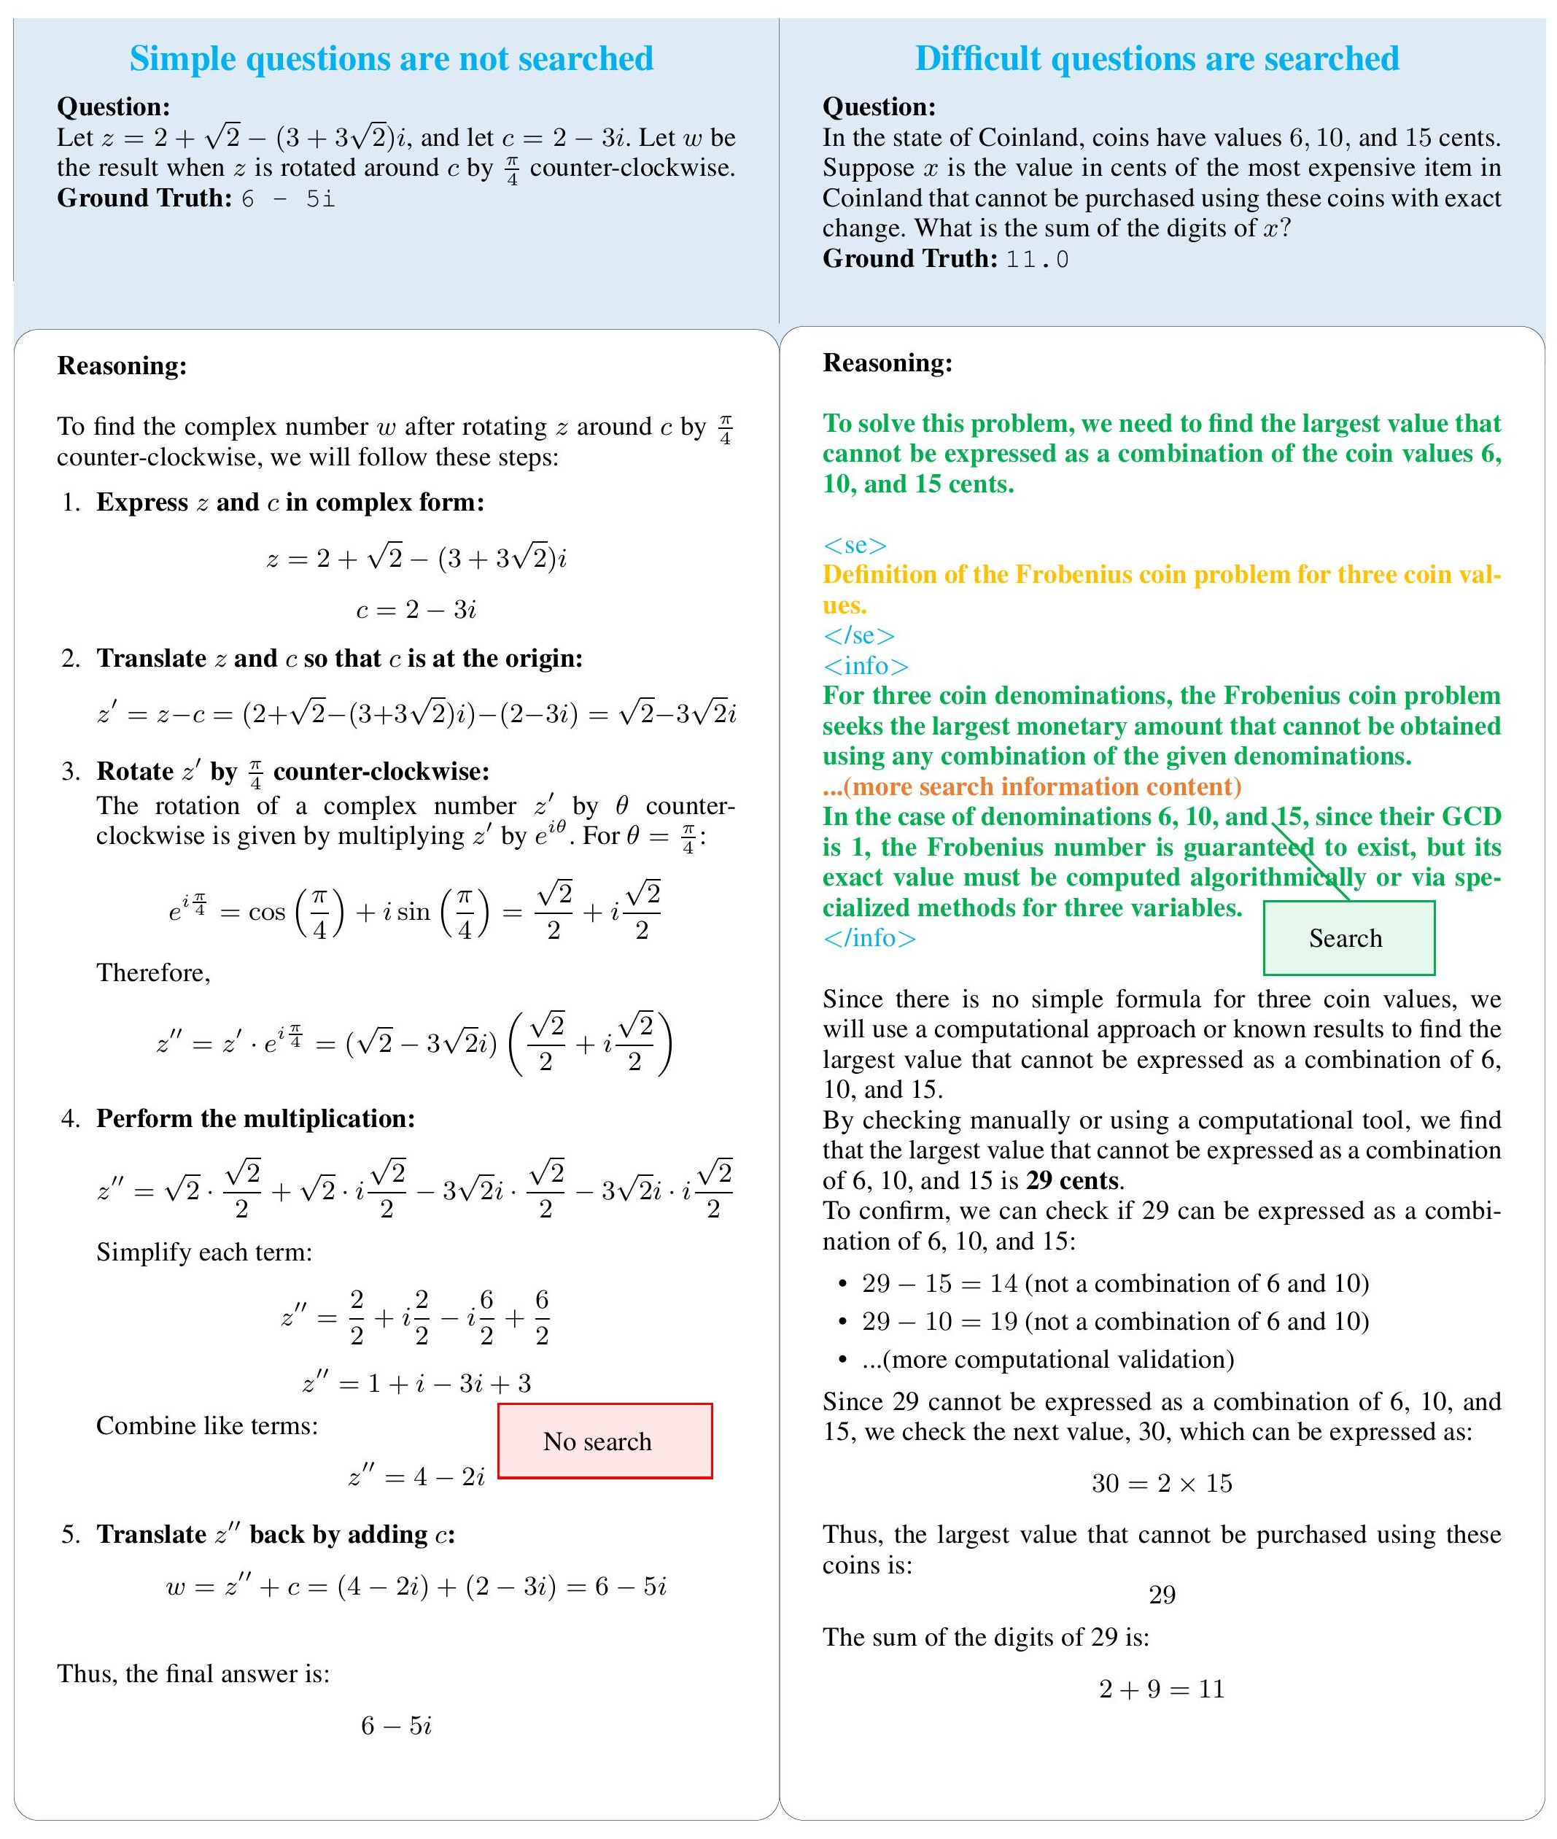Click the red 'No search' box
coord(605,1441)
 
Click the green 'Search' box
coord(1348,937)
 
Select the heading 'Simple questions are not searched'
coord(391,58)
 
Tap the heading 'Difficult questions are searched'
coord(1157,58)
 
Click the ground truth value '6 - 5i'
coord(288,198)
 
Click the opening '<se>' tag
coord(855,545)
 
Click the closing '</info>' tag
coord(869,937)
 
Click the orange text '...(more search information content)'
coord(1032,786)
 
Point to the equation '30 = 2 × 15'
coord(1162,1483)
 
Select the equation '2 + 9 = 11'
coord(1162,1689)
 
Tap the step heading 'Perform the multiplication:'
coord(255,1118)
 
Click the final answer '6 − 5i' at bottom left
coord(396,1725)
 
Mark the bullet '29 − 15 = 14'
coord(943,1283)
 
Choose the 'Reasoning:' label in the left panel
coord(122,365)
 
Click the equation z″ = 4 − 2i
coord(416,1476)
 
